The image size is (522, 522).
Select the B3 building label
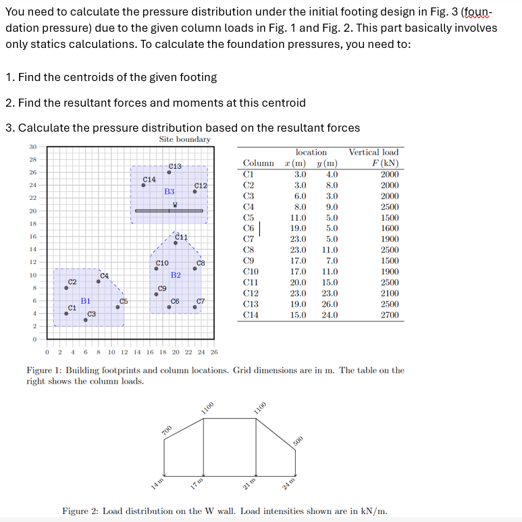coord(169,192)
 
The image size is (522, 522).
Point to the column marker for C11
coord(176,243)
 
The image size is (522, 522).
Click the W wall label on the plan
coord(175,205)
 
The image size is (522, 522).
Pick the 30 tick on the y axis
coord(32,147)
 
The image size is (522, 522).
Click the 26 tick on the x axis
coord(215,352)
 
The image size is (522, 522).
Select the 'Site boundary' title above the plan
coord(184,139)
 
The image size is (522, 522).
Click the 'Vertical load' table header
coord(373,152)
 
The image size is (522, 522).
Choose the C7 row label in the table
coord(249,239)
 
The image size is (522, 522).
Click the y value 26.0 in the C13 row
coord(330,304)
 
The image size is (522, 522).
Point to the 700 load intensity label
coord(167,430)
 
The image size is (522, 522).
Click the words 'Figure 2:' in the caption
coord(82,511)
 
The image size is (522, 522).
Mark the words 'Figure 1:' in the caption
coord(45,370)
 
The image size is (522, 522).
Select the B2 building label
coord(176,276)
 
